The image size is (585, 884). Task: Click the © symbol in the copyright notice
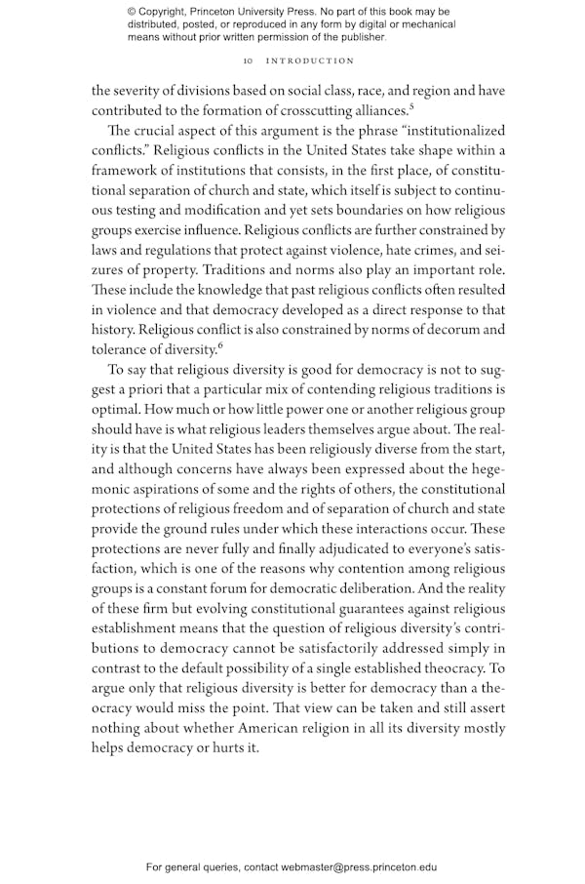pyautogui.click(x=133, y=12)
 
